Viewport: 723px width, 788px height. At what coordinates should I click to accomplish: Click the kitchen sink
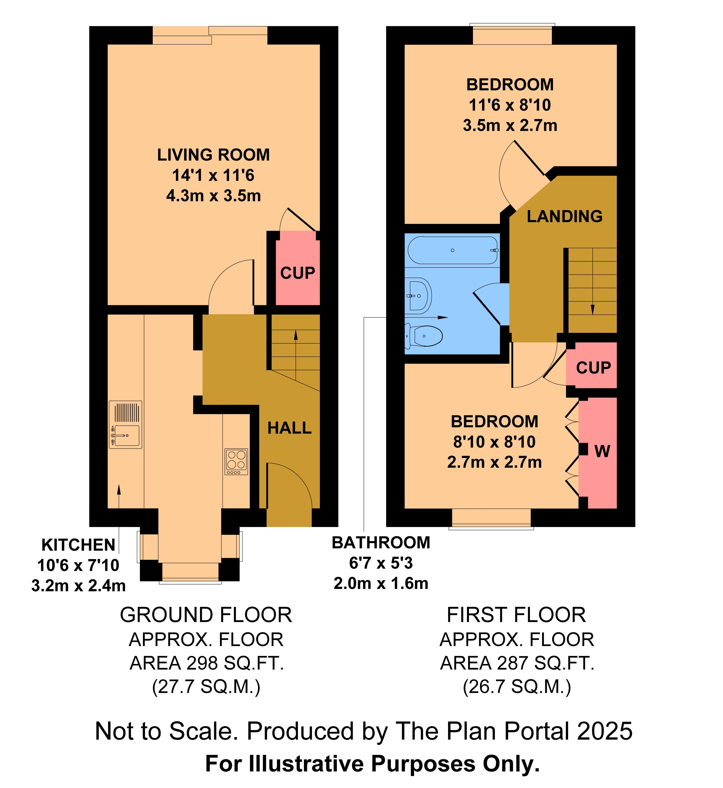coord(126,424)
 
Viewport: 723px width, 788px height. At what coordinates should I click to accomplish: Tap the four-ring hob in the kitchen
coord(236,461)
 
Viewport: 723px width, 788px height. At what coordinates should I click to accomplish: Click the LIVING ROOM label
coord(214,155)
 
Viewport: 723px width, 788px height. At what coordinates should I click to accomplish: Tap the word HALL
coord(290,428)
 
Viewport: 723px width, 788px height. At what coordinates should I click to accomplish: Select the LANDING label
coord(565,216)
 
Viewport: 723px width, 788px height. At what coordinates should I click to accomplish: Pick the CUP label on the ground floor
coord(298,273)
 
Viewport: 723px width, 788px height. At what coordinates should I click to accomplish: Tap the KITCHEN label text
coord(78,545)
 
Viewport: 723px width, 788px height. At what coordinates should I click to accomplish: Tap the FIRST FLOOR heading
coord(516,615)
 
